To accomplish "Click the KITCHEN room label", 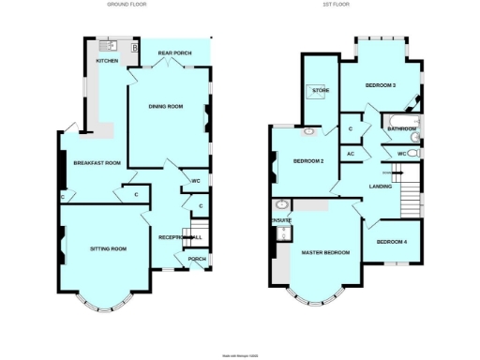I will [x=108, y=62].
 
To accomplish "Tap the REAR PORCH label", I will [x=174, y=53].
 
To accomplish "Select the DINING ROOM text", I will [x=166, y=106].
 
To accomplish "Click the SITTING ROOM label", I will [x=108, y=248].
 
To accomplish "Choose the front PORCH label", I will [x=197, y=259].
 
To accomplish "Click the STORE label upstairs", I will [x=321, y=91].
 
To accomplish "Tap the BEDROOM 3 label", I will [x=380, y=85].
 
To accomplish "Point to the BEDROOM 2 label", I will [x=308, y=161].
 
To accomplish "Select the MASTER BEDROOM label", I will [x=324, y=253].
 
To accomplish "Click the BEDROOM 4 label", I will [x=393, y=242].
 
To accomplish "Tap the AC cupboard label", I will [x=350, y=153].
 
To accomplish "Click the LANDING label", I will [x=382, y=187].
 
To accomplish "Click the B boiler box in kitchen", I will [x=135, y=47].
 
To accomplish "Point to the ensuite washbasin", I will [x=280, y=205].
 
